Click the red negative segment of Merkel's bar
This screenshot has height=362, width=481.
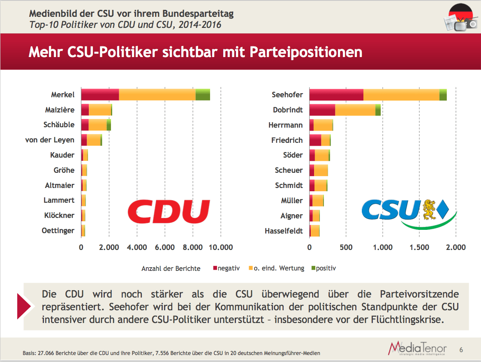point(100,94)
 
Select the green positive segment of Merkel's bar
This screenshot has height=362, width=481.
point(203,94)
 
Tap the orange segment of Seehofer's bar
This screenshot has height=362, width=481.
point(401,94)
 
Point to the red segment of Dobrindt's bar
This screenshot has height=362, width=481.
point(322,110)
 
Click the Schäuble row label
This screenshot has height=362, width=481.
point(59,125)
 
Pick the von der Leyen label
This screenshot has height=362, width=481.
point(50,140)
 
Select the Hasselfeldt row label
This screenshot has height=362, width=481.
point(284,231)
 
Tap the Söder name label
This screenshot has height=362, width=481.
point(293,155)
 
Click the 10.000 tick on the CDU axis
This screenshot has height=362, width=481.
point(221,247)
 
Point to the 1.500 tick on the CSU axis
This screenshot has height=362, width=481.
point(419,247)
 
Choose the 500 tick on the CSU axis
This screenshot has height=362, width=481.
point(346,247)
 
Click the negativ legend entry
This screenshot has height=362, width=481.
point(226,268)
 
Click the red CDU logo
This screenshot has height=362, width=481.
point(169,211)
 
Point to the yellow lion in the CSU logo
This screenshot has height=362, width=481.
point(429,209)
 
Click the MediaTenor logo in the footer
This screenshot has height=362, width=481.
point(417,348)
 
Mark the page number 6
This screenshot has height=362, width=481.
point(461,350)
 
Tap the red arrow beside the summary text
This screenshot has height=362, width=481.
point(24,306)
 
